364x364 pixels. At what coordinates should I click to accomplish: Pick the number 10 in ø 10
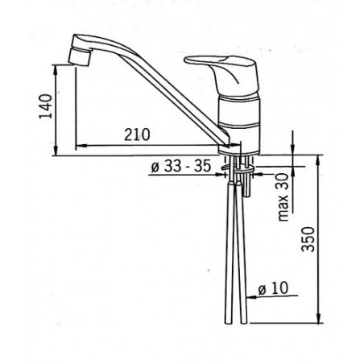click(x=278, y=287)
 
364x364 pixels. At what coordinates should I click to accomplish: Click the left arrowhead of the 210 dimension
click(x=78, y=146)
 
